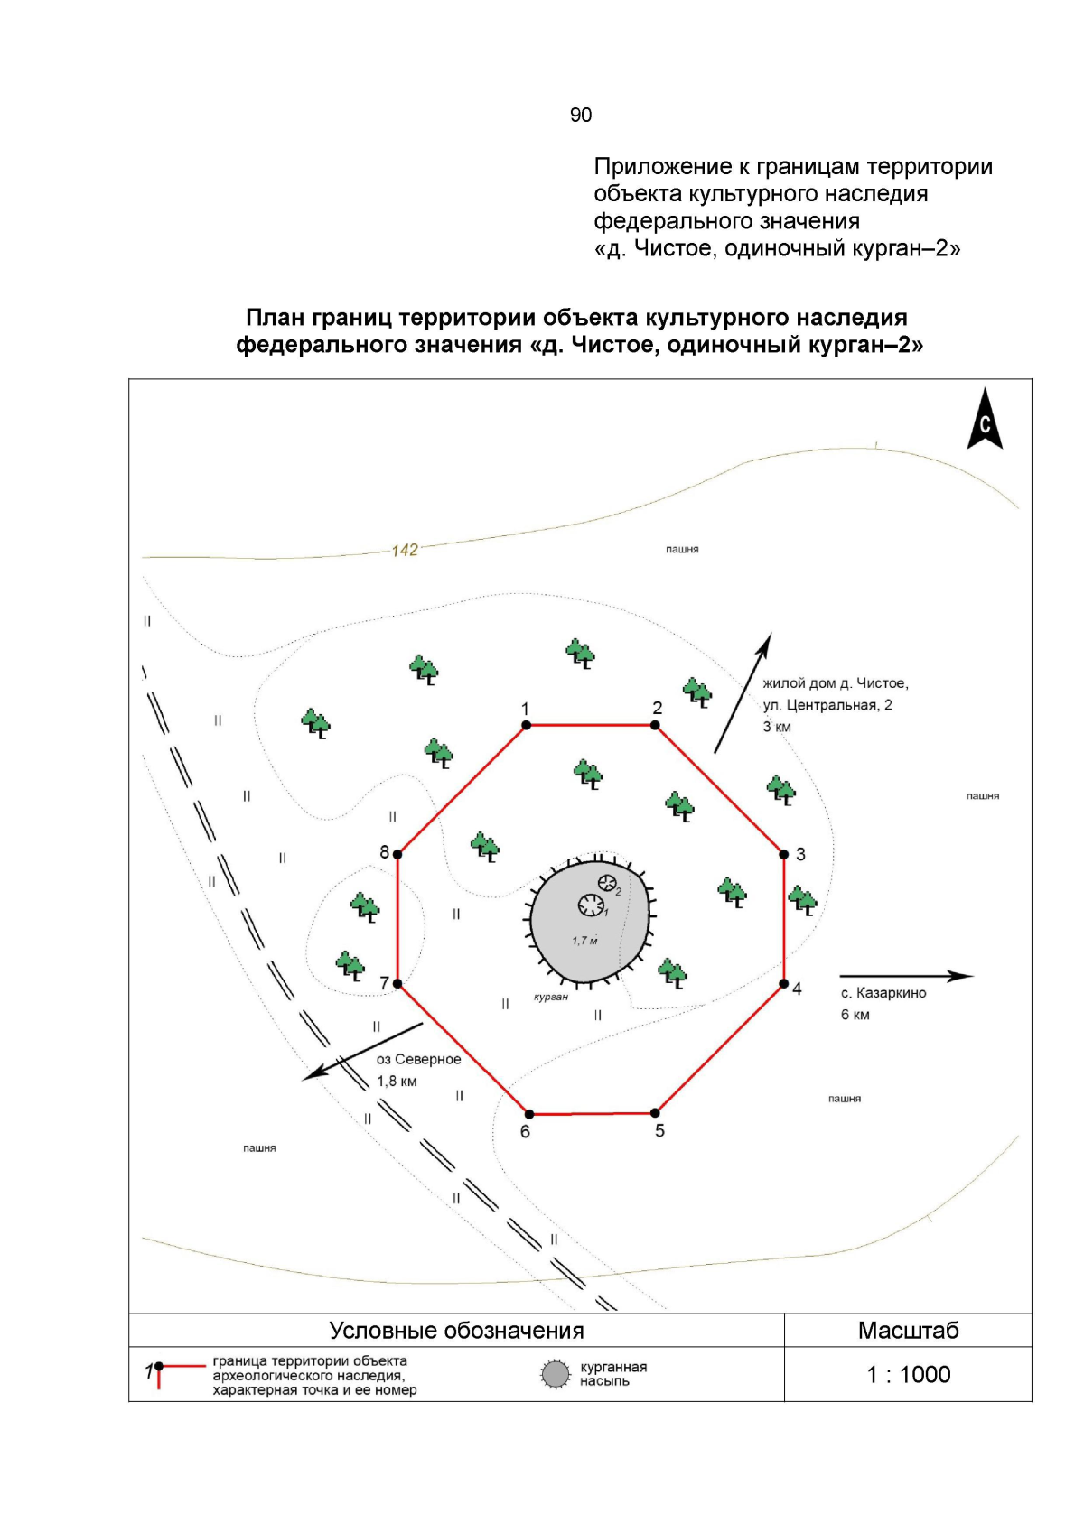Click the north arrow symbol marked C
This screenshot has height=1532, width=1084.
point(985,421)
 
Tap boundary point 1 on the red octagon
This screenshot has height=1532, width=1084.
point(526,724)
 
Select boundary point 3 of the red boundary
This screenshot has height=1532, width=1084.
point(784,854)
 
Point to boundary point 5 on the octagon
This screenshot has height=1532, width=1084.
point(655,1113)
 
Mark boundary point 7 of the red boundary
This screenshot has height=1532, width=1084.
point(397,983)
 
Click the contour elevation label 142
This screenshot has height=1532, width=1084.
point(405,550)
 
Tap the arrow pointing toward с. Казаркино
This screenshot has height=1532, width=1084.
point(906,976)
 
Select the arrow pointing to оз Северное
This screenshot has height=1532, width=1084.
point(362,1051)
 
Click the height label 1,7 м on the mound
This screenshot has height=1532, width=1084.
point(584,941)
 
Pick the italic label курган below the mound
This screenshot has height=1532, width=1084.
point(551,997)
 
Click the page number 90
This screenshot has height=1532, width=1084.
point(581,115)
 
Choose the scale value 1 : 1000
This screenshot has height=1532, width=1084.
point(908,1374)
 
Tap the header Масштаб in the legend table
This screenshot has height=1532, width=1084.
point(908,1330)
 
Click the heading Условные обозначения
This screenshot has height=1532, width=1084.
point(456,1330)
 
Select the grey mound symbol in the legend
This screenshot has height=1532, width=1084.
point(555,1374)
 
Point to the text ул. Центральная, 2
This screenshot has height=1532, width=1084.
point(827,705)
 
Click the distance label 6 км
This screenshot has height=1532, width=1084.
point(855,1015)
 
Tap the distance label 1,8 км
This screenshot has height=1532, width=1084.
point(397,1081)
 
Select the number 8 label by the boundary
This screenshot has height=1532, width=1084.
point(385,852)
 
